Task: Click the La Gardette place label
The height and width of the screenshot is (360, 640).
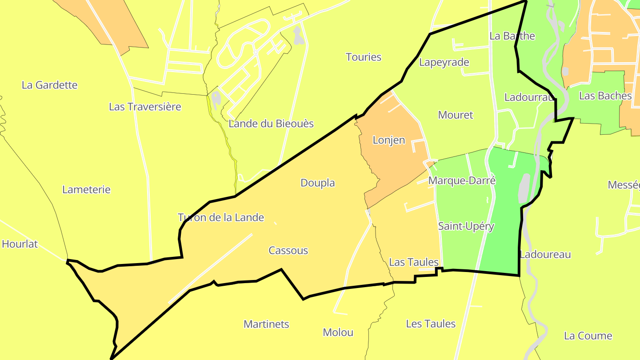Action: point(50,85)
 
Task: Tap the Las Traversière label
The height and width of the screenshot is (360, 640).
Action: point(145,107)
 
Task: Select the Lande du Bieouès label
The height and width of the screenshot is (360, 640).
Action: point(271,124)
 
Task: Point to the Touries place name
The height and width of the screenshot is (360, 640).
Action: point(364,57)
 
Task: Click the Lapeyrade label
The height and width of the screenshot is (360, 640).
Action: point(444,62)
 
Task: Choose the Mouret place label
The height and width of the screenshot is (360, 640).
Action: point(456,115)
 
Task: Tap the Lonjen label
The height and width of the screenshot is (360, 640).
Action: point(389,140)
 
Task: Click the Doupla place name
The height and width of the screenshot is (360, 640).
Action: point(318,183)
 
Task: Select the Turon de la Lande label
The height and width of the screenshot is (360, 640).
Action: point(221,217)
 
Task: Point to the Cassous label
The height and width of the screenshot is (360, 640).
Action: point(288,250)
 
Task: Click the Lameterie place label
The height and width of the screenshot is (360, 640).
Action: point(86,189)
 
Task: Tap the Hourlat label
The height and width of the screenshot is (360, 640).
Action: point(20,244)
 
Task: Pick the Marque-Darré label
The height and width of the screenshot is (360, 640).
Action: point(462,180)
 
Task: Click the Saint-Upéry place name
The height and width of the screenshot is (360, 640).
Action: point(466,226)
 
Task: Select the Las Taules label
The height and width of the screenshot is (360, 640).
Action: point(414,262)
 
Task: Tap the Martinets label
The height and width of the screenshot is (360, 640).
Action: point(266,324)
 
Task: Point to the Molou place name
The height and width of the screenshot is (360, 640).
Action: point(338,332)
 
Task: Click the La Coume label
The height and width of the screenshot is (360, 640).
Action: point(588,336)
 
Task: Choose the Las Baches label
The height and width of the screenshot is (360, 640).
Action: point(605,96)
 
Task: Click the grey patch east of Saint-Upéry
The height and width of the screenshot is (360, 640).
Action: point(524,188)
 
